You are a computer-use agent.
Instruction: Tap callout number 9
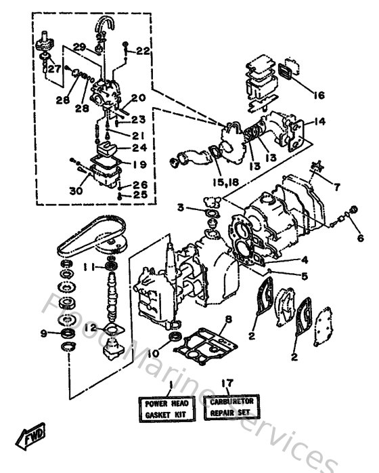(44, 333)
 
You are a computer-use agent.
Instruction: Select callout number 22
(143, 51)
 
